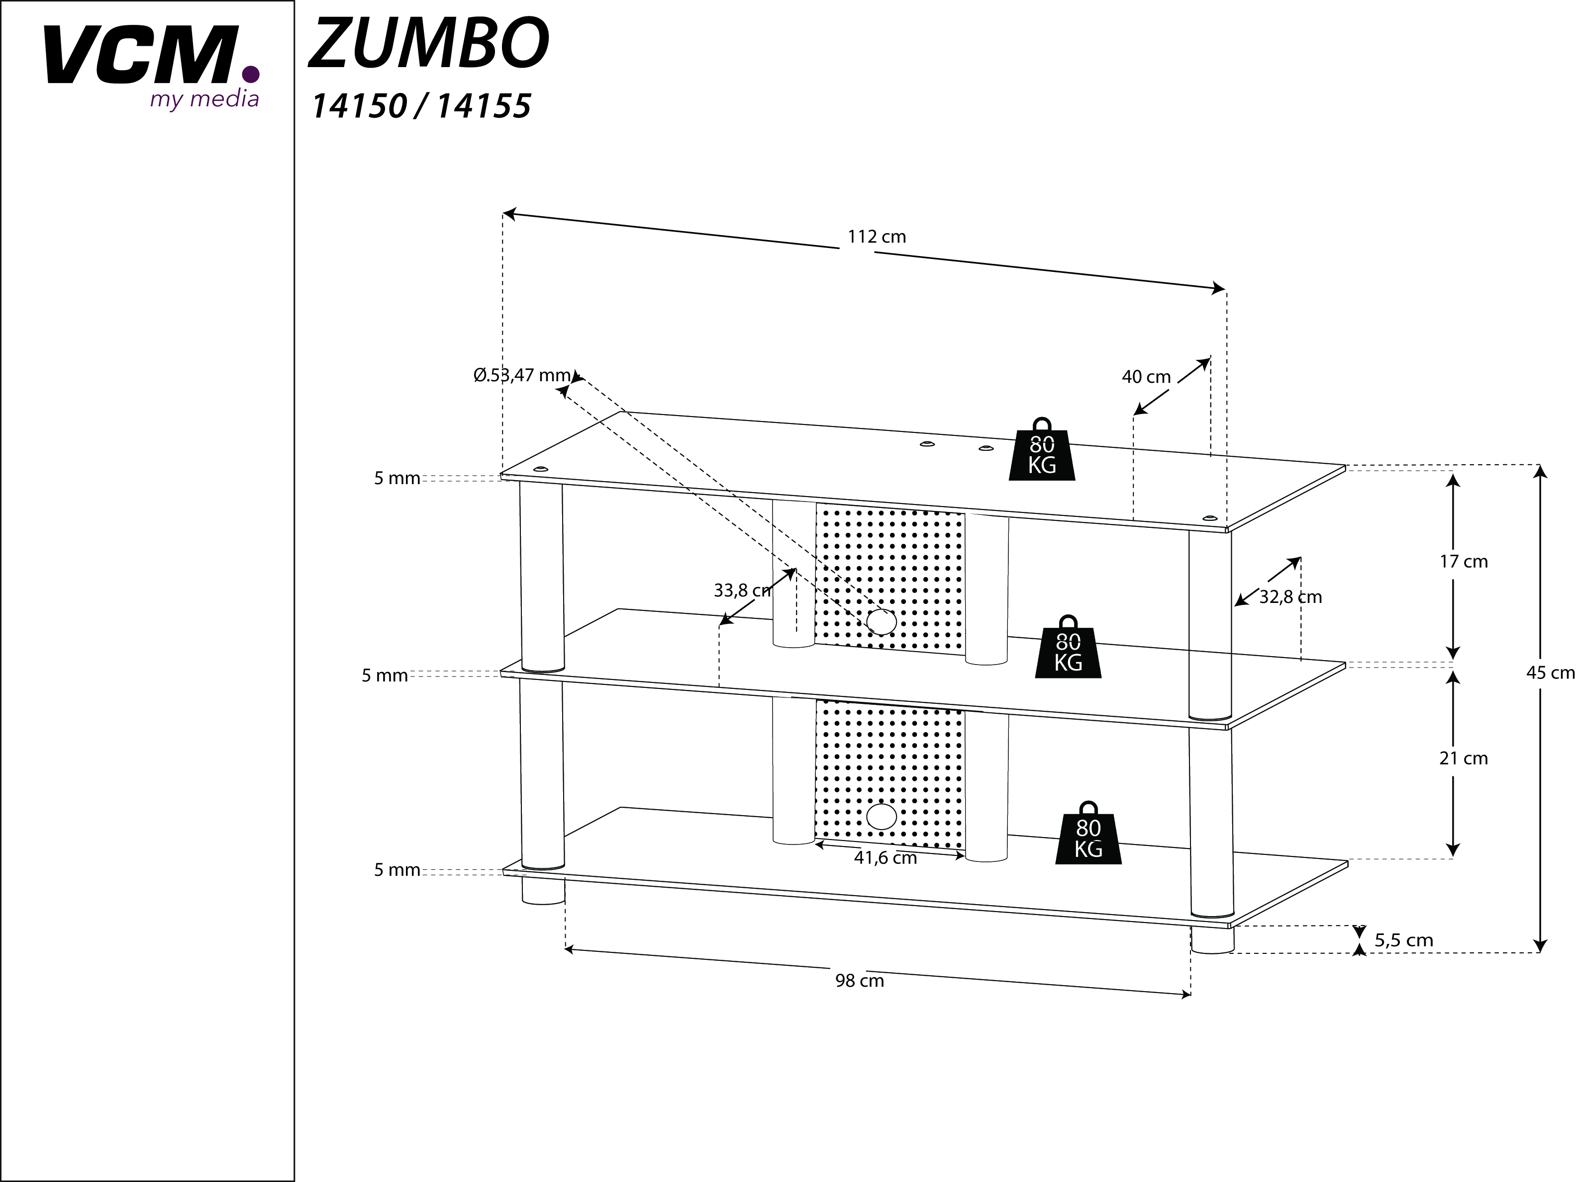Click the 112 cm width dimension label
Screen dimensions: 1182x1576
point(877,237)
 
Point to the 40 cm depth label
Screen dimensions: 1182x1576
point(1146,377)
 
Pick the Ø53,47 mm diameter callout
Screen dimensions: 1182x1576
point(522,375)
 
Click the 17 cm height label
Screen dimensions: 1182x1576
point(1464,562)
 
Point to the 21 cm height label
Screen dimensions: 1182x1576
point(1464,759)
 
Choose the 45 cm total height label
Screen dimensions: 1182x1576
point(1550,673)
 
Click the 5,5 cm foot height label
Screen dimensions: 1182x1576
point(1403,940)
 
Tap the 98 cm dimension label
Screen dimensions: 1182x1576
point(859,981)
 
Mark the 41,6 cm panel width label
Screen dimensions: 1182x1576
point(885,858)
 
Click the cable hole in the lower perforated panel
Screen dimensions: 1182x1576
point(882,817)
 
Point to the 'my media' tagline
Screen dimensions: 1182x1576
point(204,99)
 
